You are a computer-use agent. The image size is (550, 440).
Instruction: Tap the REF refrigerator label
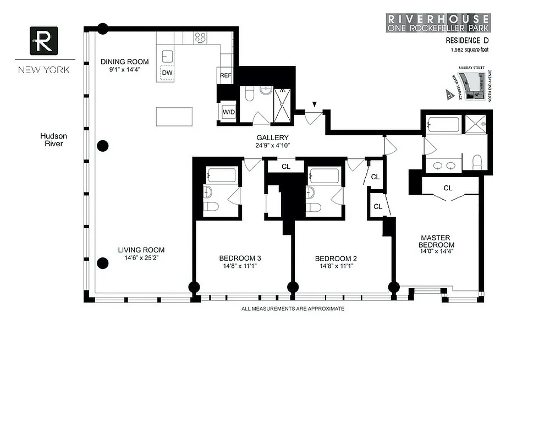point(226,75)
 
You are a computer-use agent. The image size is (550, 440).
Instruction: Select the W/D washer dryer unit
point(229,112)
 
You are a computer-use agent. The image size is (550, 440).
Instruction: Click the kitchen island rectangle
point(174,117)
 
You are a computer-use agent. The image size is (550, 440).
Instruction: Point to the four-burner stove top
point(201,38)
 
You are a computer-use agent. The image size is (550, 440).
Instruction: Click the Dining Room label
point(124,62)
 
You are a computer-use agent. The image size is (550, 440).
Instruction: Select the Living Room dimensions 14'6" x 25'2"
point(141,257)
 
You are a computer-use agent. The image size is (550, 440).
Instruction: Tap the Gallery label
point(272,137)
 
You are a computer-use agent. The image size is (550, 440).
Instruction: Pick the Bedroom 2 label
point(335,258)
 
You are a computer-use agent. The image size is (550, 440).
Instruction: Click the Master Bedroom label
point(436,241)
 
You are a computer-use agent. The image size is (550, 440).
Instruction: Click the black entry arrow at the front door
point(315,104)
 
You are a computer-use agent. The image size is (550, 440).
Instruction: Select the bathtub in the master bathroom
point(444,124)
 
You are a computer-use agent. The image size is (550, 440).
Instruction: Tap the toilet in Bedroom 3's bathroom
point(212,207)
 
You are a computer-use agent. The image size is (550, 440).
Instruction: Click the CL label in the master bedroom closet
point(448,188)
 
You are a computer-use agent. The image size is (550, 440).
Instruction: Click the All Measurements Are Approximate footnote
point(293,309)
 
